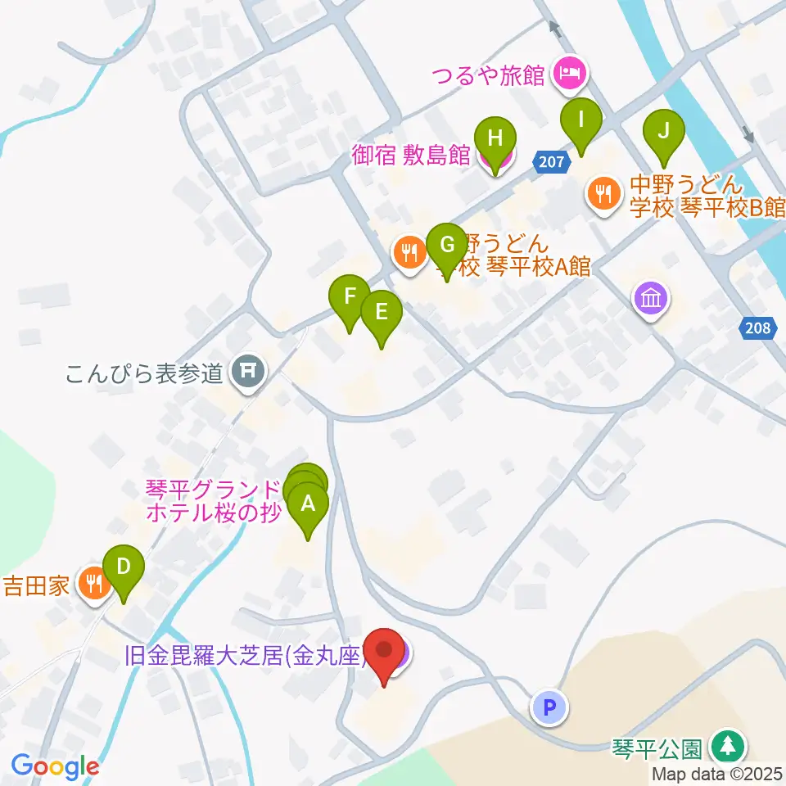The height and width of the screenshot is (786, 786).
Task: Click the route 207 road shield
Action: click(552, 161)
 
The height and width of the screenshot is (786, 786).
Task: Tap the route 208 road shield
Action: click(758, 328)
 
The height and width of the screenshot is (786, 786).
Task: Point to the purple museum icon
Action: click(651, 298)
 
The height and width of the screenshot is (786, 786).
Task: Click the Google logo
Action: click(55, 766)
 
